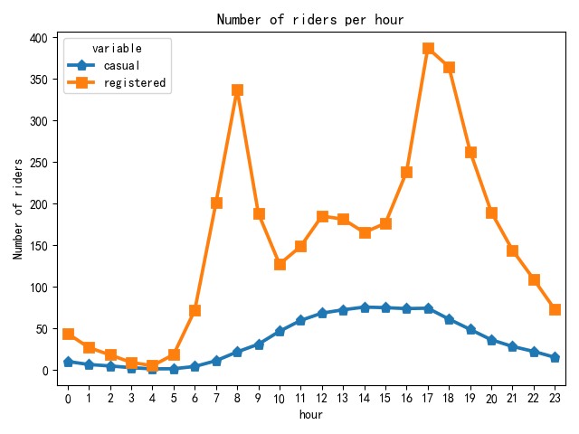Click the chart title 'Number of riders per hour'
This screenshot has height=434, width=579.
coord(311,20)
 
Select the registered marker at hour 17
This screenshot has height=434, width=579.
coord(428,49)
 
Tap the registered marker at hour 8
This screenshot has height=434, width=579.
coord(237,90)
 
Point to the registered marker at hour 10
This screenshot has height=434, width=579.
coord(280,264)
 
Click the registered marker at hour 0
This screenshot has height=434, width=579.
coord(68,334)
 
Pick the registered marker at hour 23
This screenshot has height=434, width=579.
coord(555,309)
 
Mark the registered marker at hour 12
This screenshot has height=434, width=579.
coord(322,216)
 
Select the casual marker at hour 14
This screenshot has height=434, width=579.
coord(365,307)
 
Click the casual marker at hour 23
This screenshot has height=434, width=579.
coord(555,357)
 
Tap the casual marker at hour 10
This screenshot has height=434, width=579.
coord(280,331)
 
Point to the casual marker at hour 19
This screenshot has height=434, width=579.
coord(470,329)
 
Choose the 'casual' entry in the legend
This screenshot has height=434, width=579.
coord(121,66)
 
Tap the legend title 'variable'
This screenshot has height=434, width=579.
coord(117,48)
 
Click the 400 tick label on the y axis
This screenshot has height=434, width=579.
coord(37,38)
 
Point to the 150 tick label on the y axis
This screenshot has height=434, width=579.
coord(37,246)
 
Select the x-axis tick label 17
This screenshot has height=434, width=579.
coord(428,398)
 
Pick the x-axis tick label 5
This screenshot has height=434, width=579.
coord(174,398)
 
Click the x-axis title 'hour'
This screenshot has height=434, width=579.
coord(311,415)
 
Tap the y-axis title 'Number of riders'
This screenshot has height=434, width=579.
coord(18,207)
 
